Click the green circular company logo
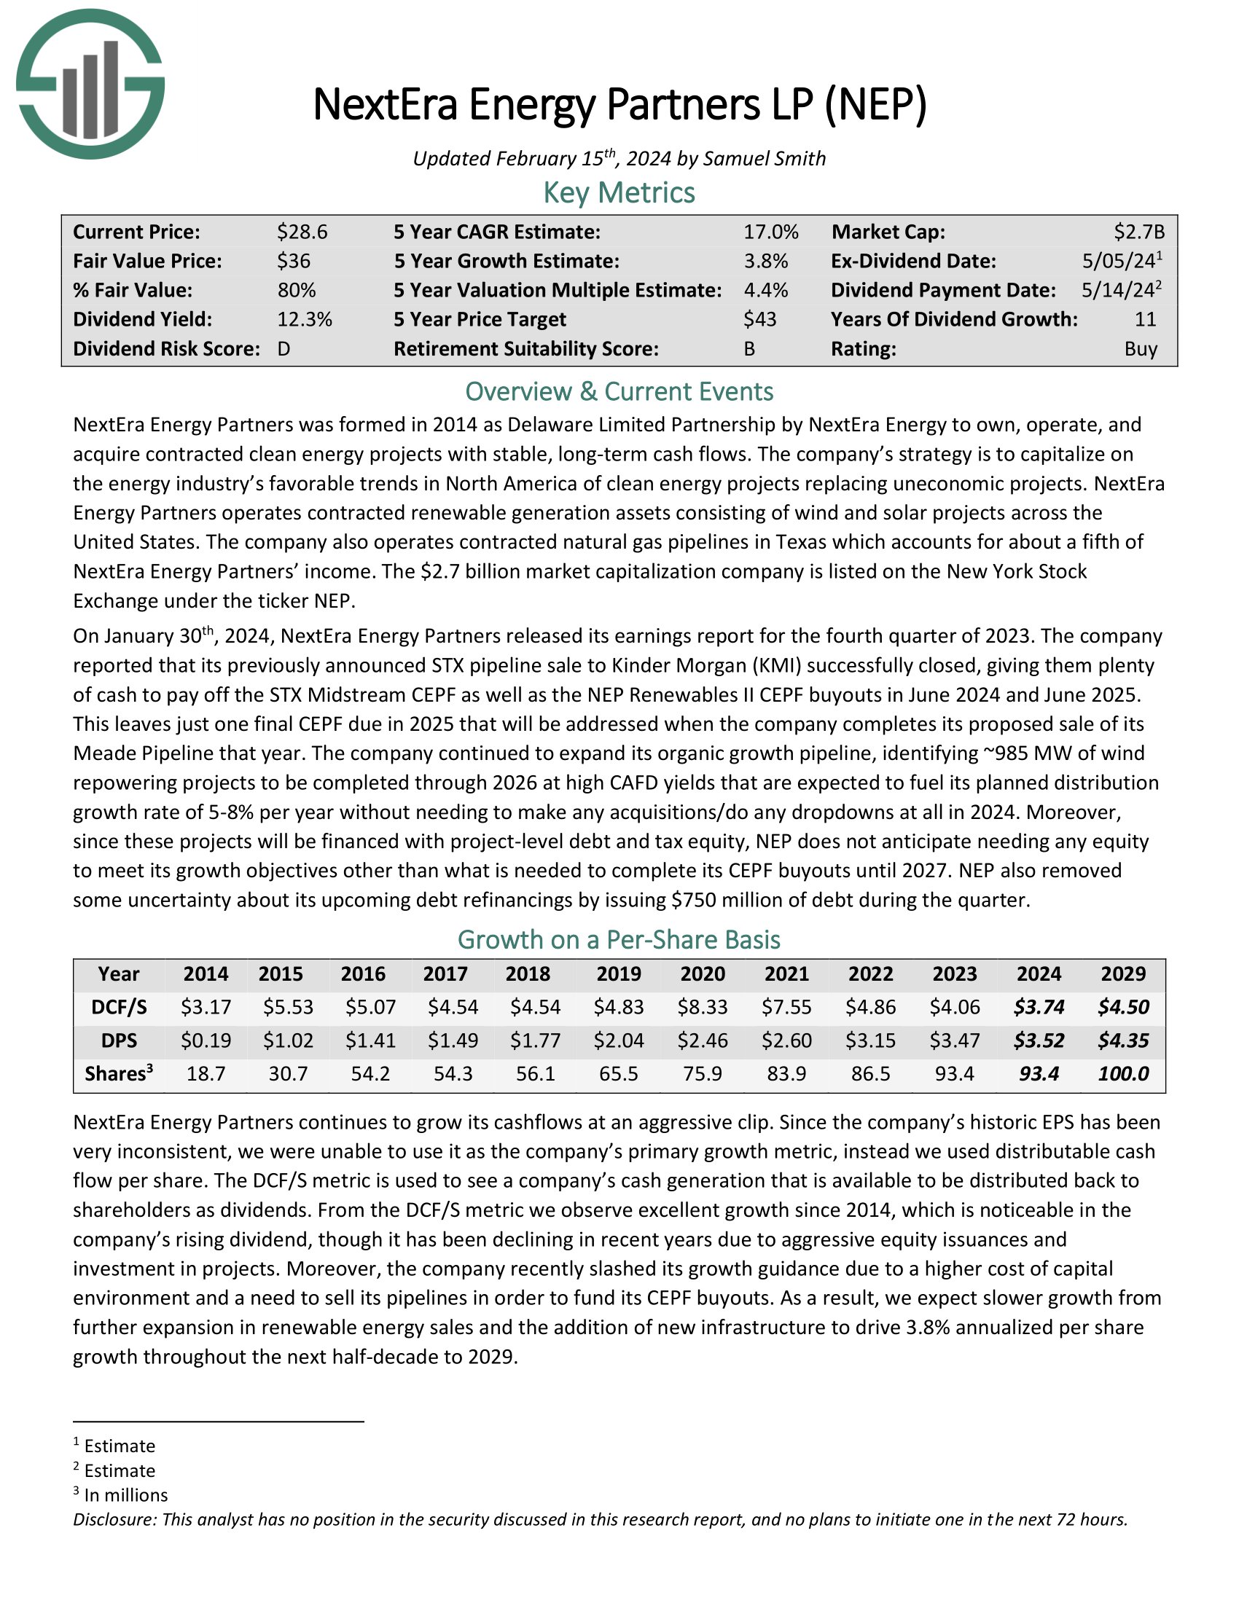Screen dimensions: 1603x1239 pos(90,84)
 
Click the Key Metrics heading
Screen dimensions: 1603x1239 pos(619,193)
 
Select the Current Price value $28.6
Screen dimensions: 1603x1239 pos(302,232)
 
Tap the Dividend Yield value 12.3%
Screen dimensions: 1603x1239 pos(304,319)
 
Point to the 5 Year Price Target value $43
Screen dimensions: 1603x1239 pos(759,319)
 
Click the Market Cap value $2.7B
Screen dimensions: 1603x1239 pos(1139,232)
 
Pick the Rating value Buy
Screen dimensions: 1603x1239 pos(1141,348)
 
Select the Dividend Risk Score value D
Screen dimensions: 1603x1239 pos(284,348)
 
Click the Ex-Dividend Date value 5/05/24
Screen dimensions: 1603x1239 pos(1114,262)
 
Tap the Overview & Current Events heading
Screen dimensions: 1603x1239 pos(619,391)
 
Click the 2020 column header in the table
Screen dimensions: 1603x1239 pos(703,974)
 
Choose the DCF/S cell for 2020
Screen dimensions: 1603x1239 pos(703,1007)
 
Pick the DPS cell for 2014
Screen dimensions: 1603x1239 pos(206,1040)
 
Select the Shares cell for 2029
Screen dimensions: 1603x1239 pos(1123,1074)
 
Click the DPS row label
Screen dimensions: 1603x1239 pos(119,1040)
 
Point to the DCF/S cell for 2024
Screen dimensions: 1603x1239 pos(1039,1007)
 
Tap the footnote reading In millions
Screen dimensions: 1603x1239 pos(125,1495)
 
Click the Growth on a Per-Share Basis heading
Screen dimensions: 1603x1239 pos(619,939)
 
